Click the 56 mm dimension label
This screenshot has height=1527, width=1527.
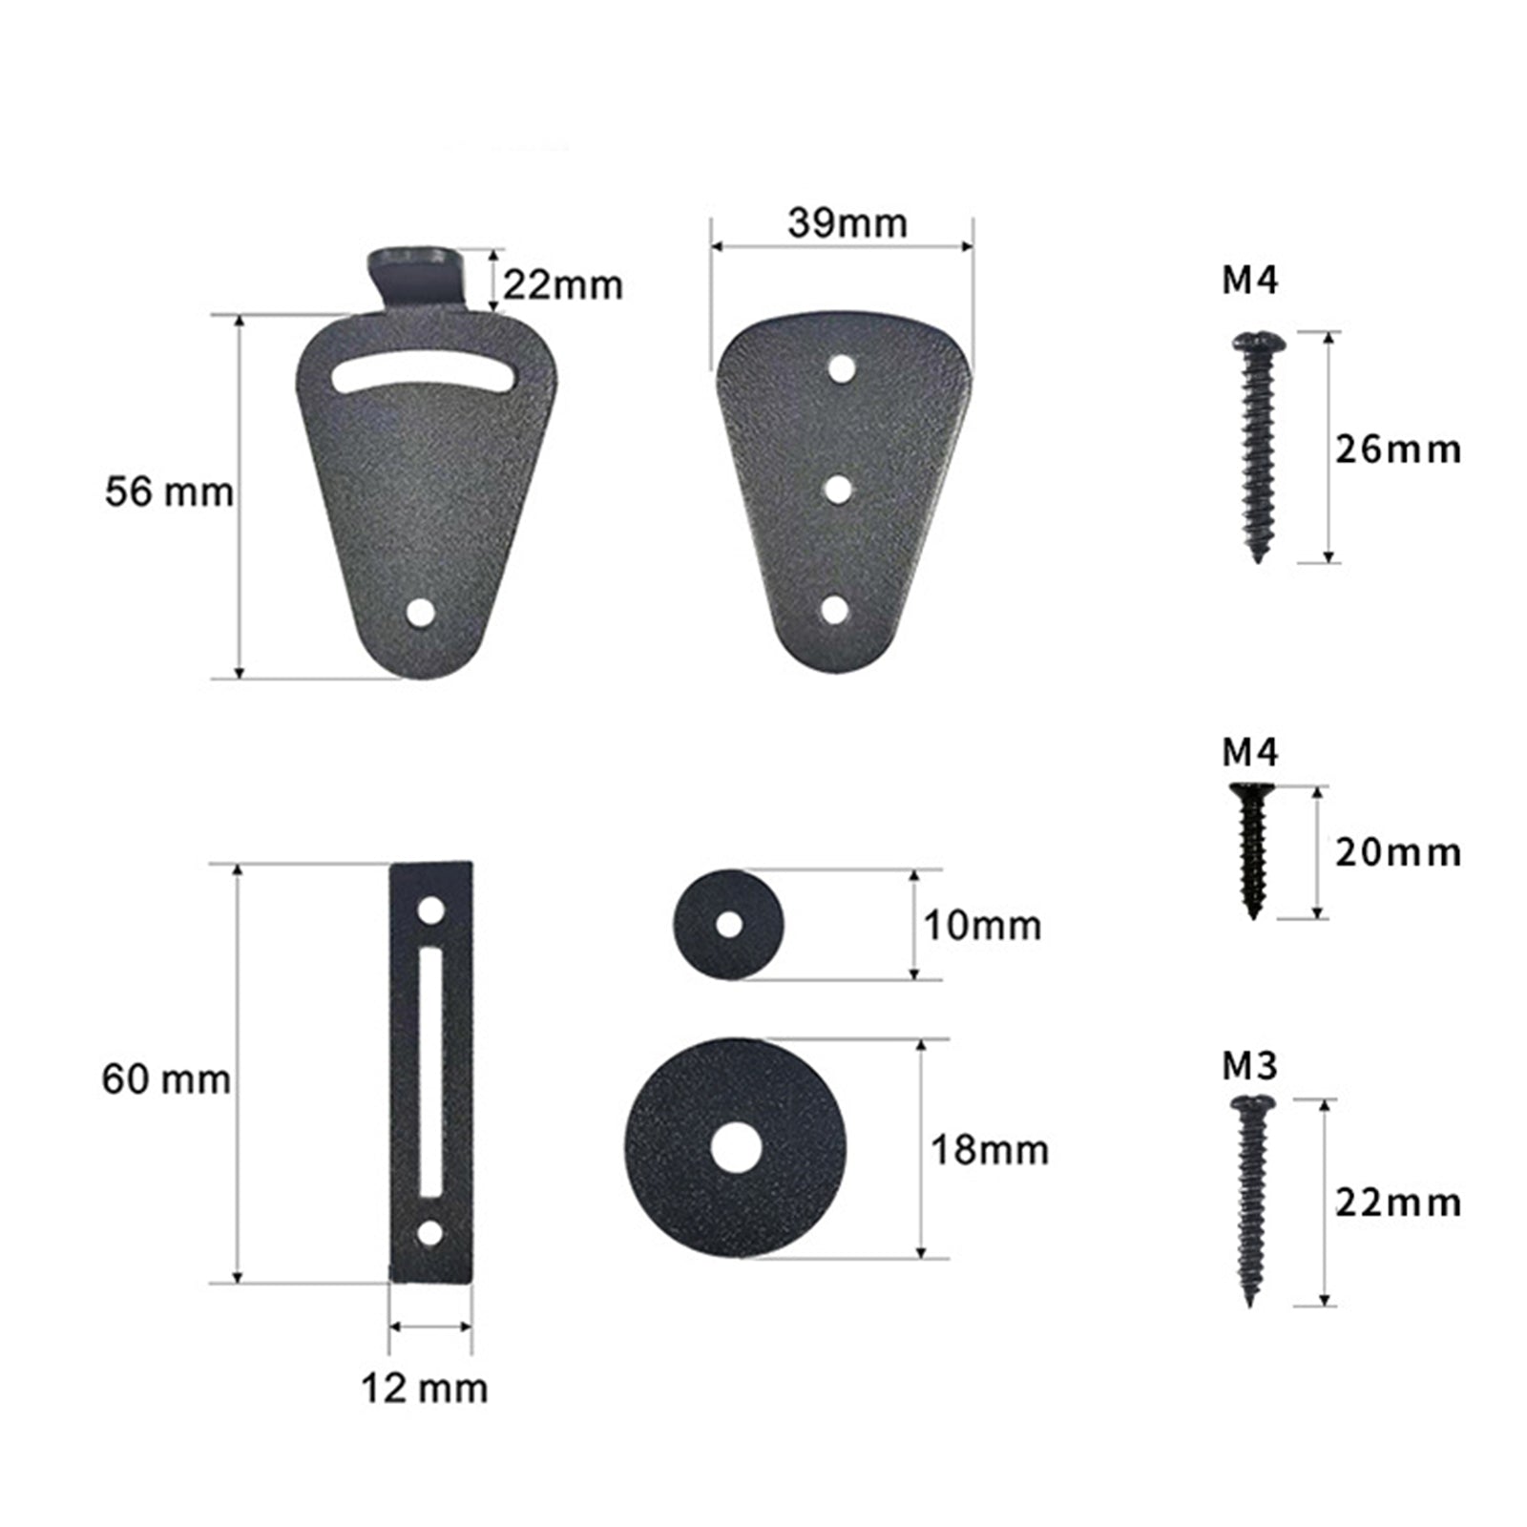(x=169, y=493)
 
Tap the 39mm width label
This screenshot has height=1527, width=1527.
(x=847, y=223)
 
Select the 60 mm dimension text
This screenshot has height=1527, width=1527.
(x=166, y=1080)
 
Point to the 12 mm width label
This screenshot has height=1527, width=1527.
(x=424, y=1388)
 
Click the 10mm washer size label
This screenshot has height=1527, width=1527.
(x=982, y=926)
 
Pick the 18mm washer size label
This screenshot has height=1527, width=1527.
(x=990, y=1150)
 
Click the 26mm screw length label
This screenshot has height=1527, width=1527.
(x=1397, y=449)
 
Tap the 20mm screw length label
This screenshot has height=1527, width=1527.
(x=1397, y=852)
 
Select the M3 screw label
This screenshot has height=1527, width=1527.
(x=1249, y=1067)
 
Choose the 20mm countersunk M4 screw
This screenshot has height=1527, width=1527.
(x=1252, y=849)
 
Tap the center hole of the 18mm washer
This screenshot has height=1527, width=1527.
(x=735, y=1147)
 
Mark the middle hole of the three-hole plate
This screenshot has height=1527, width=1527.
(x=838, y=491)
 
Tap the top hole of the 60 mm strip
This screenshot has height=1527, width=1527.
(x=431, y=910)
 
